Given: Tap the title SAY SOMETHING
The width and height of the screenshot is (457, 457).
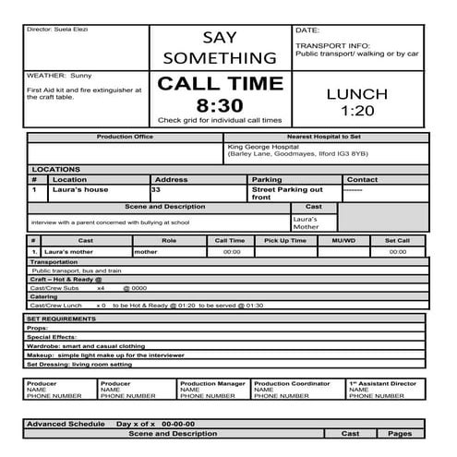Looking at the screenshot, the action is tap(220, 48).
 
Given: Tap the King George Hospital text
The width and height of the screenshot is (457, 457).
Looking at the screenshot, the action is tap(267, 147).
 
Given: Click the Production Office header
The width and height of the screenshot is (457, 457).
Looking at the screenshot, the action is tap(125, 137).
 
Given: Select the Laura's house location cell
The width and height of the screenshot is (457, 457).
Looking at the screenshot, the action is tap(80, 189).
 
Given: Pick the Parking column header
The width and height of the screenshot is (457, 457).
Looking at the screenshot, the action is tap(267, 179).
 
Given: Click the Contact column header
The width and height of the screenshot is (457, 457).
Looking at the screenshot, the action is tap(362, 179).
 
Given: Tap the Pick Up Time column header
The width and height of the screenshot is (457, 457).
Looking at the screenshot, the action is tap(285, 240).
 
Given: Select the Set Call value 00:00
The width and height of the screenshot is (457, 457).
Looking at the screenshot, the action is tap(397, 251).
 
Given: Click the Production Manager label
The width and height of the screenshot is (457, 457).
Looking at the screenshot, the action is tap(212, 383).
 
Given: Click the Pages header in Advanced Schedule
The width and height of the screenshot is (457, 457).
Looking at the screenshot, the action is tap(400, 433).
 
